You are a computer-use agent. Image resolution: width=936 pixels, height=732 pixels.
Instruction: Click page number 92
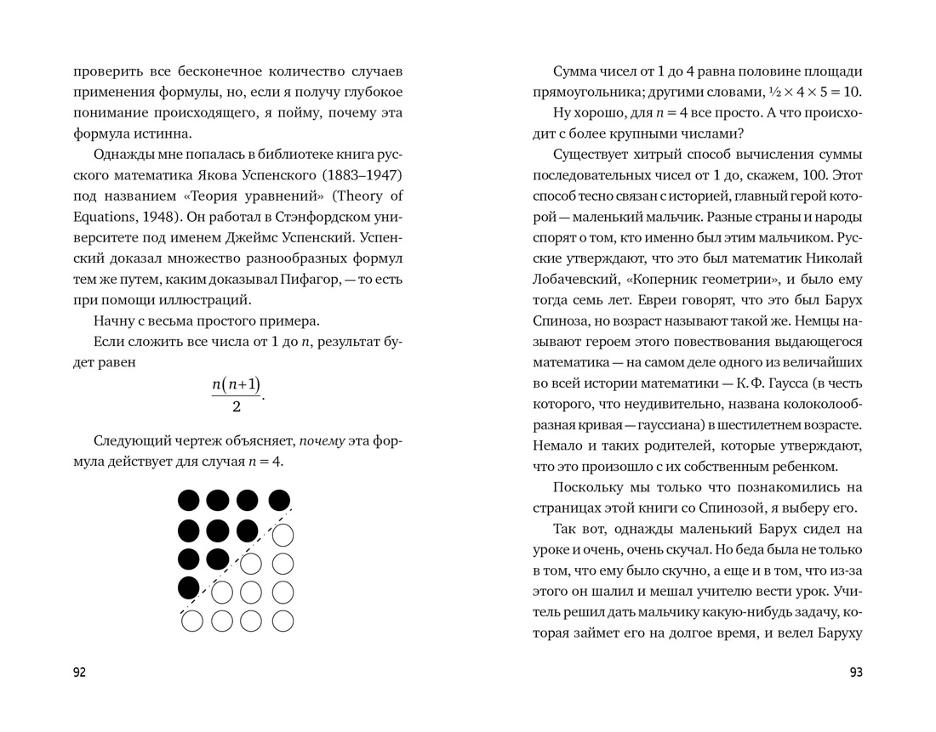(x=79, y=672)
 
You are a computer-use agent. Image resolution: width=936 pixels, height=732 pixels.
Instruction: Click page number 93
(x=856, y=672)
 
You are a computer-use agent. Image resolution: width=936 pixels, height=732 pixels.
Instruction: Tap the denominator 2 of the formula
(x=236, y=406)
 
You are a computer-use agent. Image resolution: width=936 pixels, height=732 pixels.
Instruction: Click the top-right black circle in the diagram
(x=279, y=500)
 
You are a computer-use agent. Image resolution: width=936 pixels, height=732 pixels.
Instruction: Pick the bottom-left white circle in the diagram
(x=192, y=621)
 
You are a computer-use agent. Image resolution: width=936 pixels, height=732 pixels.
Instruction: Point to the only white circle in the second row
(x=282, y=535)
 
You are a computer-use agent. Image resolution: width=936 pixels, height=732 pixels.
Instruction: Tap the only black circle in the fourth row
(x=189, y=587)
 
